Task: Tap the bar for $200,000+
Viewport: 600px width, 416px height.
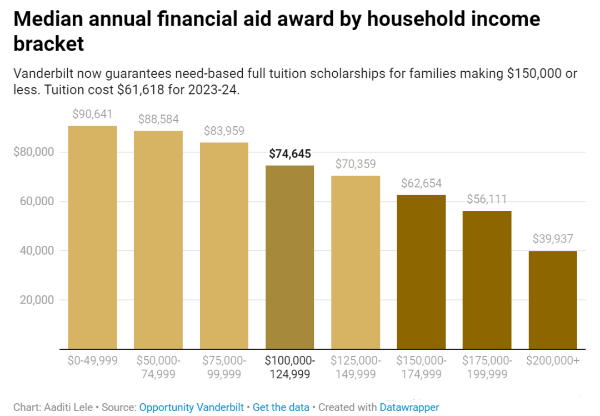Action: click(x=553, y=300)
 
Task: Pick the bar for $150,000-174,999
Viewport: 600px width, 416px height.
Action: click(x=421, y=272)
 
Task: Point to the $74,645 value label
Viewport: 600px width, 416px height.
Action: click(x=289, y=154)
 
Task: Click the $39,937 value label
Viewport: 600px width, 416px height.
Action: click(x=553, y=239)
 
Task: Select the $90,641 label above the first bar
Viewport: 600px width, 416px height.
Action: click(x=92, y=115)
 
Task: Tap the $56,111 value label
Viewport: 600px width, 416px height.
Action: click(x=487, y=199)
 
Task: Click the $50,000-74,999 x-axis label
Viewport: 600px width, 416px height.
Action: click(x=158, y=367)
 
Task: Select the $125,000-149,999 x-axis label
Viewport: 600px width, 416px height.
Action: click(x=356, y=367)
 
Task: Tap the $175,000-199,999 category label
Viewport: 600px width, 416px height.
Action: click(x=487, y=367)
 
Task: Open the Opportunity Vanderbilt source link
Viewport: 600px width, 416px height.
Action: click(x=191, y=407)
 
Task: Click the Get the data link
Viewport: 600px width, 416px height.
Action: click(x=281, y=407)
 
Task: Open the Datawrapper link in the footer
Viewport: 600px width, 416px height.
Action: click(x=409, y=407)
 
